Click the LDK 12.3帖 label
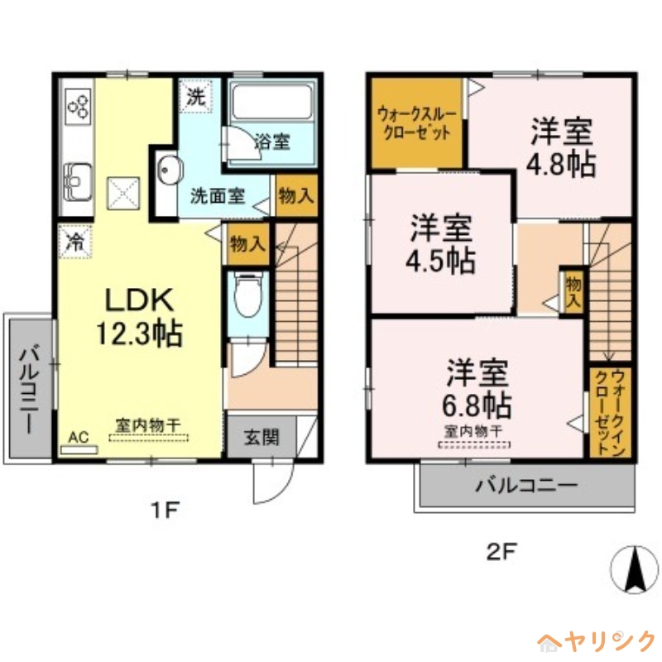pos(139,316)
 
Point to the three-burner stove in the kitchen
pos(79,106)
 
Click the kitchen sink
pos(78,181)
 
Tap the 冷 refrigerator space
pos(75,242)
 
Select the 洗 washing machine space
pos(196,96)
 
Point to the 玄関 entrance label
pos(261,438)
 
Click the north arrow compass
pos(635,569)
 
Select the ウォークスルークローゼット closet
pos(417,123)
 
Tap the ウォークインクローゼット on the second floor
pos(610,411)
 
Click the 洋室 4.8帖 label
pos(561,147)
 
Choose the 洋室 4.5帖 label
pos(440,244)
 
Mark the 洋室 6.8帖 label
pos(477,388)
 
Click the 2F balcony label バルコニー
pos(526,486)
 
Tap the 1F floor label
pos(165,511)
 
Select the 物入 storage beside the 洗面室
pos(296,196)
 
